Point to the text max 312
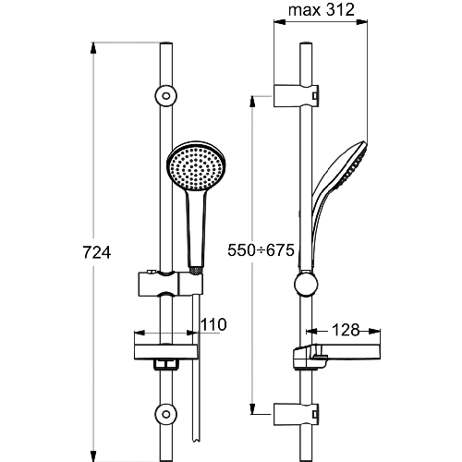click(322, 12)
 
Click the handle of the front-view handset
click(193, 226)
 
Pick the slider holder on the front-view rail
click(168, 278)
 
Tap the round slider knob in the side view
click(304, 284)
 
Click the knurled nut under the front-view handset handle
click(193, 269)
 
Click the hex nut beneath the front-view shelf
click(167, 365)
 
